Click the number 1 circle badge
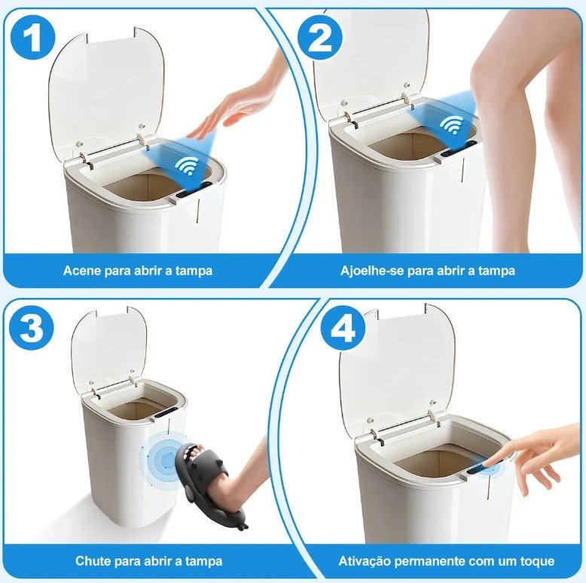click(32, 38)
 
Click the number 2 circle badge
click(319, 38)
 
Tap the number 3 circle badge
click(32, 328)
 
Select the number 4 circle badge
click(343, 328)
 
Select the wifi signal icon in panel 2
click(451, 124)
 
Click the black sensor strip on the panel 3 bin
click(164, 413)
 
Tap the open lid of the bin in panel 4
click(397, 370)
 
